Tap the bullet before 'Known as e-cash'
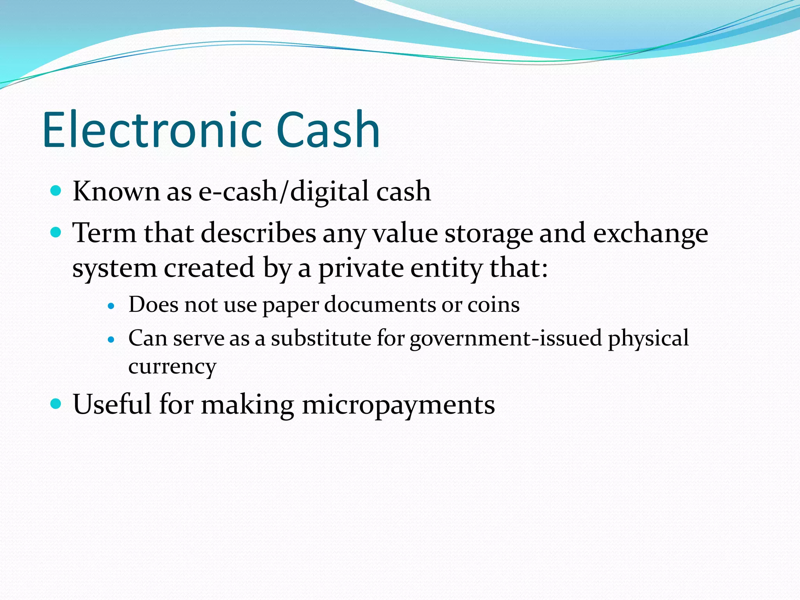56,191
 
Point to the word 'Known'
116,191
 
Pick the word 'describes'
258,233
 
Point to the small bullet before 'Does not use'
111,306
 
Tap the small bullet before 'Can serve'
111,340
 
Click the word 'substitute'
321,338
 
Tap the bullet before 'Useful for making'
56,404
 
